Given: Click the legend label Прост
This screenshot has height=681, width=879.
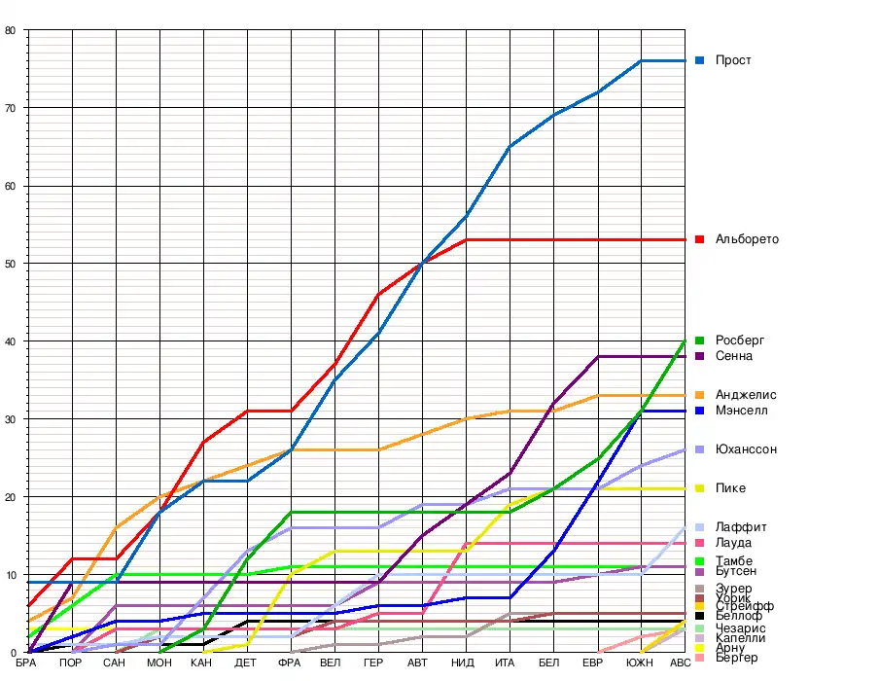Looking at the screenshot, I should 733,60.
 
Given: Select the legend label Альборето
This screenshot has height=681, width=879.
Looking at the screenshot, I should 747,239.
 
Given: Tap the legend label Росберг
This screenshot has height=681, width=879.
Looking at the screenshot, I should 740,340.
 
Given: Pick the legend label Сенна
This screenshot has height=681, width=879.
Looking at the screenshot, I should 733,356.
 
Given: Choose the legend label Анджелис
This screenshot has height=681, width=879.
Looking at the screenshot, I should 746,395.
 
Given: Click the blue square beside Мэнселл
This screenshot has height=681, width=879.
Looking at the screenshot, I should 699,412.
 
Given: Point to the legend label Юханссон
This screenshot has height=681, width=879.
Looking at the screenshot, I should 746,449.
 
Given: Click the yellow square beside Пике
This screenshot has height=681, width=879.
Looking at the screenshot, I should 699,488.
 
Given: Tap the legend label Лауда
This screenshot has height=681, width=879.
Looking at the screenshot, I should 733,543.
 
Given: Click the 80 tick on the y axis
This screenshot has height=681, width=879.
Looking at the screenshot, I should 10,30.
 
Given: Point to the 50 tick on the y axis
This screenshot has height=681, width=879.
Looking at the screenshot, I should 10,264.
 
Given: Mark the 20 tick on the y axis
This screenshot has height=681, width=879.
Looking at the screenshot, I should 10,497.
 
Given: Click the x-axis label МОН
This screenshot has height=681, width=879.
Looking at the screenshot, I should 158,663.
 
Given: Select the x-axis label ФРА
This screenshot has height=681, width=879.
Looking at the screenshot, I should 290,663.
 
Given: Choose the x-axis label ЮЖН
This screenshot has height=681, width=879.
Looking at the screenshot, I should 639,663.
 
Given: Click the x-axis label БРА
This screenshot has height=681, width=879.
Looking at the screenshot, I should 27,663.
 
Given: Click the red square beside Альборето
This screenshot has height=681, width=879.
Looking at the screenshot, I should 699,239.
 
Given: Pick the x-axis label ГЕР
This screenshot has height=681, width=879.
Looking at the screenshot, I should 373,663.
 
